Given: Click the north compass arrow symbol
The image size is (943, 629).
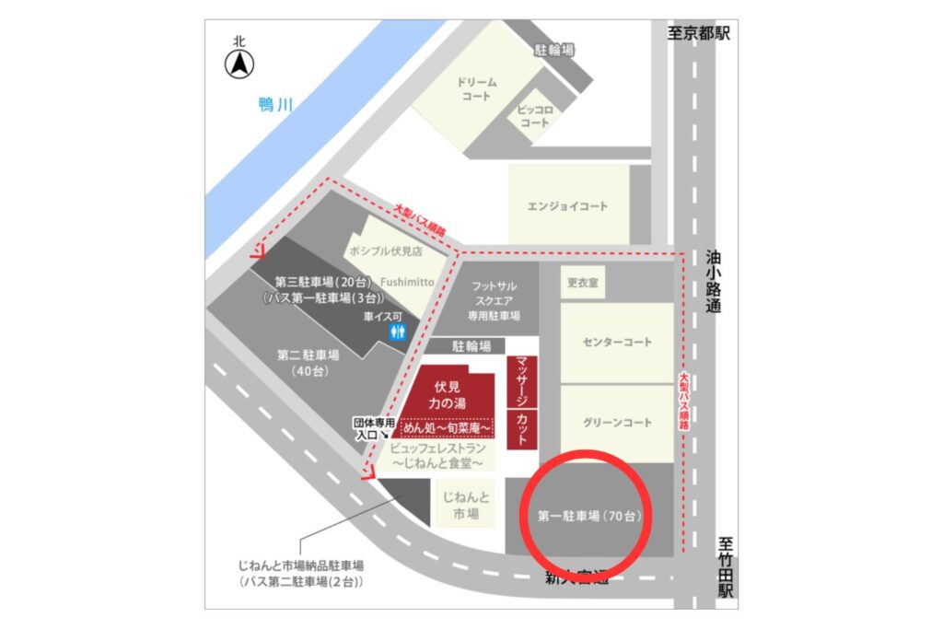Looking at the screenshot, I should tap(239, 64).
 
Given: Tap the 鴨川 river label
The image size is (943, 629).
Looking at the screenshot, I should tap(275, 105).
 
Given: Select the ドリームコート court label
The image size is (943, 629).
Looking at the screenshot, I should tap(477, 88).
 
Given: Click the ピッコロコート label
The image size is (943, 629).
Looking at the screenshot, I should tap(535, 116).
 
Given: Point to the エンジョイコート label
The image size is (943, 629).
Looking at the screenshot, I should tap(567, 206).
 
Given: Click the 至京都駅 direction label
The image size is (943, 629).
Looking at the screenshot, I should tap(699, 33).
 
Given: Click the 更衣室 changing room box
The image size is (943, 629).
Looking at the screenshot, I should tap(582, 283).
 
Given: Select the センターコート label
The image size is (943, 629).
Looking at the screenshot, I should tap(617, 343).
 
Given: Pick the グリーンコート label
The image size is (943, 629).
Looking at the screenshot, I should tap(617, 423).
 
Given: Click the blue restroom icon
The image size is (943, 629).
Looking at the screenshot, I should tap(398, 332).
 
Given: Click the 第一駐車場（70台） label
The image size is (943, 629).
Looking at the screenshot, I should tap(589, 517).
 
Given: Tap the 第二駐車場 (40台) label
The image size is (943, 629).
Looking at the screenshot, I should tap(308, 362).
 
